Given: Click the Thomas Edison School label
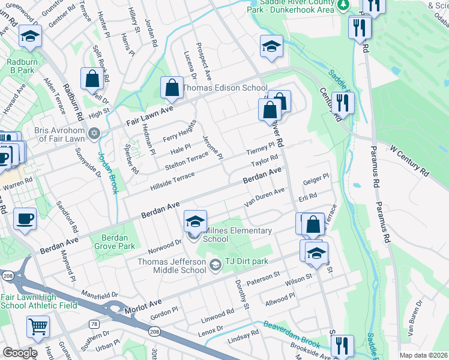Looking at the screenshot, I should pyautogui.click(x=224, y=88).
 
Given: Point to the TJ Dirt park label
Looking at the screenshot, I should pyautogui.click(x=247, y=261).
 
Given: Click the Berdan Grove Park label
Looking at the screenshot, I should pyautogui.click(x=115, y=241).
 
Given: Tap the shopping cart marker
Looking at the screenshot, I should pyautogui.click(x=38, y=327).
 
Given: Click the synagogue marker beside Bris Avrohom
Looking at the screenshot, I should pyautogui.click(x=94, y=133).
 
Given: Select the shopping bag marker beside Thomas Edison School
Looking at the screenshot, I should pyautogui.click(x=172, y=88).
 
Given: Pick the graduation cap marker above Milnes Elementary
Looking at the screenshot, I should pyautogui.click(x=195, y=221).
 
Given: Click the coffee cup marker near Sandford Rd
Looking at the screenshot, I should pyautogui.click(x=25, y=219).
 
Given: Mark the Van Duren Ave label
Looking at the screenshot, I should pyautogui.click(x=264, y=197).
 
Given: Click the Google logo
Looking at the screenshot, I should pyautogui.click(x=20, y=353).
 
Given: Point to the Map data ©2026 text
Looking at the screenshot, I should pyautogui.click(x=423, y=355).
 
